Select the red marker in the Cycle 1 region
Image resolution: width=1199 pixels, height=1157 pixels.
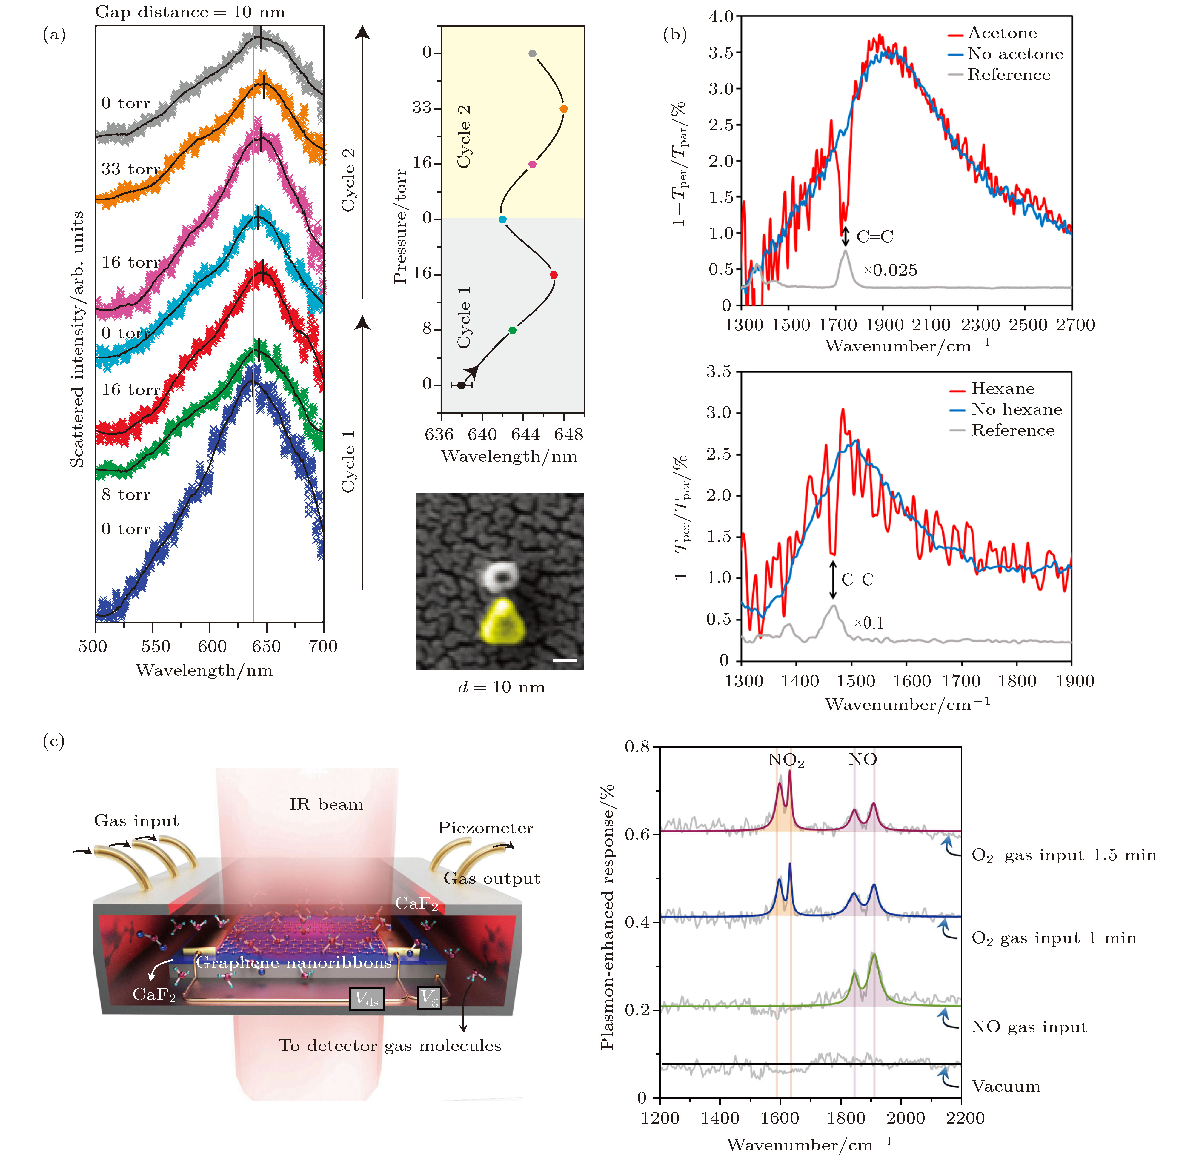(x=554, y=275)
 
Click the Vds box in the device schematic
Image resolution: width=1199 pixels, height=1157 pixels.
(x=366, y=998)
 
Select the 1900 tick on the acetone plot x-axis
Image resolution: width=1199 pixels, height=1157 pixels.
(x=884, y=325)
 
